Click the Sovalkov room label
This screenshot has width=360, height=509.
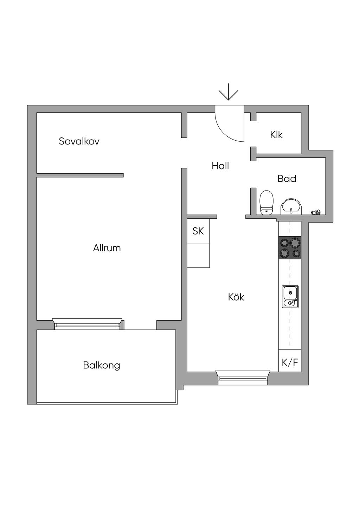pos(79,141)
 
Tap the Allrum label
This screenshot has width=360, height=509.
pos(107,248)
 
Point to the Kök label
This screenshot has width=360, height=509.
pos(236,297)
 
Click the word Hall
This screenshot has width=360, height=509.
pos(220,166)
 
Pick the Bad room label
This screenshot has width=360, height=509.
pos(287,179)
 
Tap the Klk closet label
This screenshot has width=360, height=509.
pos(276,135)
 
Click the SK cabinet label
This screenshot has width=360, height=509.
pos(198,231)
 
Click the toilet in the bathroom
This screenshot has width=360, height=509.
pos(266,203)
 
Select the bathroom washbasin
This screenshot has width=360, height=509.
pos(291,207)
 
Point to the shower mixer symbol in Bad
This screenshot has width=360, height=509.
pos(316,212)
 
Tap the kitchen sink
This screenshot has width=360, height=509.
pos(290,297)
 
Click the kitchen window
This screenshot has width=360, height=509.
pos(243,377)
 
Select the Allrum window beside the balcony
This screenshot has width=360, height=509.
pos(87,324)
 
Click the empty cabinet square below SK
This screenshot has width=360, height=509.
pos(198,255)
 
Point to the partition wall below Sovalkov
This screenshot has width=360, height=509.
pos(80,175)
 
